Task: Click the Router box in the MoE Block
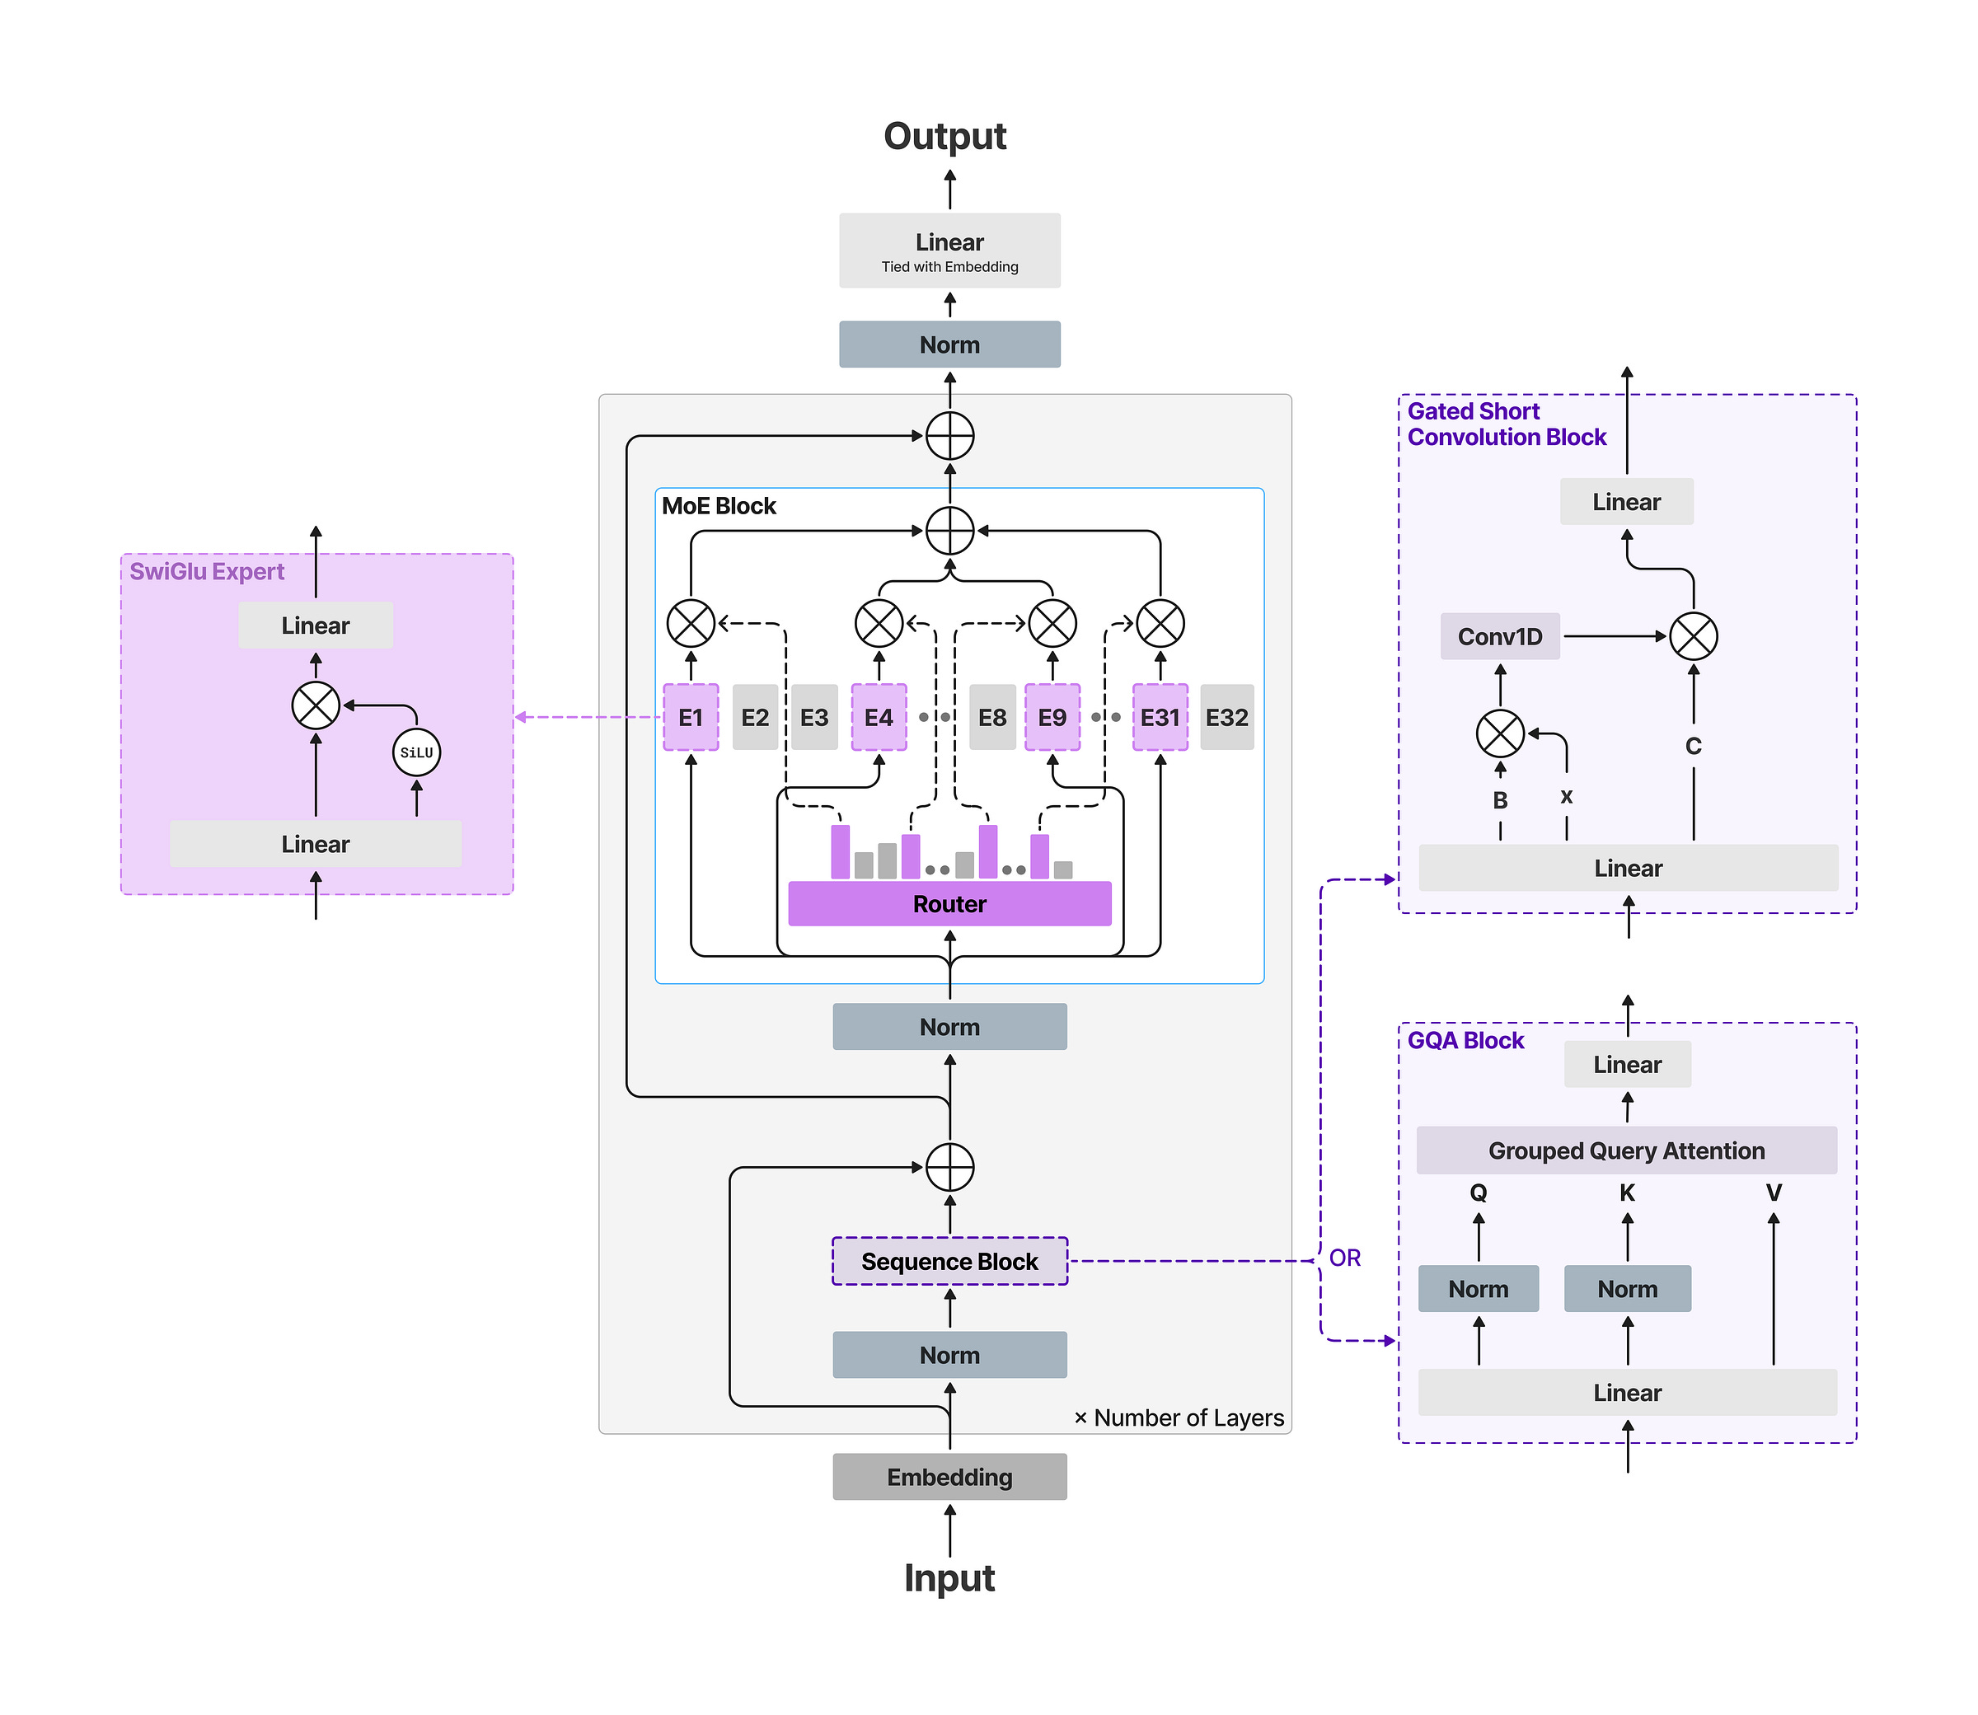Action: pos(949,903)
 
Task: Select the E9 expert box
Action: pos(1052,717)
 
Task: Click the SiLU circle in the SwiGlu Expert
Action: pos(416,752)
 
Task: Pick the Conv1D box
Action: pos(1499,636)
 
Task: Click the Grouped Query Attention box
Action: pos(1626,1150)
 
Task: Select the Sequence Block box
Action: pos(949,1262)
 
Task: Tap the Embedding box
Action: pos(949,1477)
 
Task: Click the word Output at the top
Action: pos(944,136)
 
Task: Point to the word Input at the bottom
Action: pos(949,1578)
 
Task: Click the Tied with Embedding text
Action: pos(949,267)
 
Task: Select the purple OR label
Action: pos(1344,1258)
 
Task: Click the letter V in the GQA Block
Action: pos(1774,1193)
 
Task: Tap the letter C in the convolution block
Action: pos(1693,746)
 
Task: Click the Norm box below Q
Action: pos(1478,1289)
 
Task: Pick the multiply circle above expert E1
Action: pos(691,624)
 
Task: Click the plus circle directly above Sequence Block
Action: pos(949,1168)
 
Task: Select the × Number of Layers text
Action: pos(1179,1417)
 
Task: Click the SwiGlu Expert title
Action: pos(207,571)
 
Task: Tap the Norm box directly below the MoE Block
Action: pos(949,1027)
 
